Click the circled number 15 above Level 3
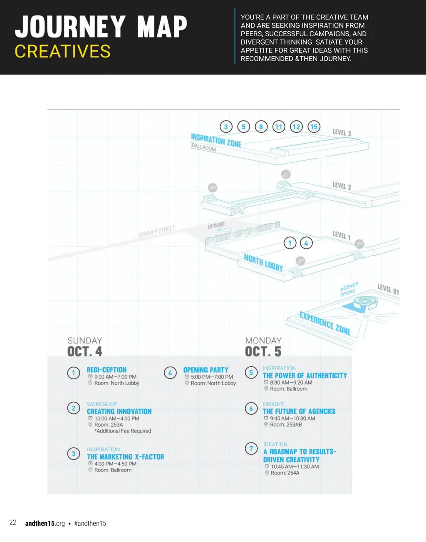314,127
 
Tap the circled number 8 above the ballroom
261,127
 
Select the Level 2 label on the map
342,186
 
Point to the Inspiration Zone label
216,140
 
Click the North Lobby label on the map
263,263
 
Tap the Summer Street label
156,231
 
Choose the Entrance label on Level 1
216,226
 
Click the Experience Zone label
325,323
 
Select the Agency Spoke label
349,289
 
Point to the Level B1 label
388,289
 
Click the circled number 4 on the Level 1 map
306,243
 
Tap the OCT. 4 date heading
85,352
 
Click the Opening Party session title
206,370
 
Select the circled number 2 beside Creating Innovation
74,408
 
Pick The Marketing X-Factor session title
125,457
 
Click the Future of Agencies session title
299,411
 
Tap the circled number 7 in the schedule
251,449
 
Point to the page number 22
13,523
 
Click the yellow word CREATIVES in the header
63,52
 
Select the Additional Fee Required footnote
123,431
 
